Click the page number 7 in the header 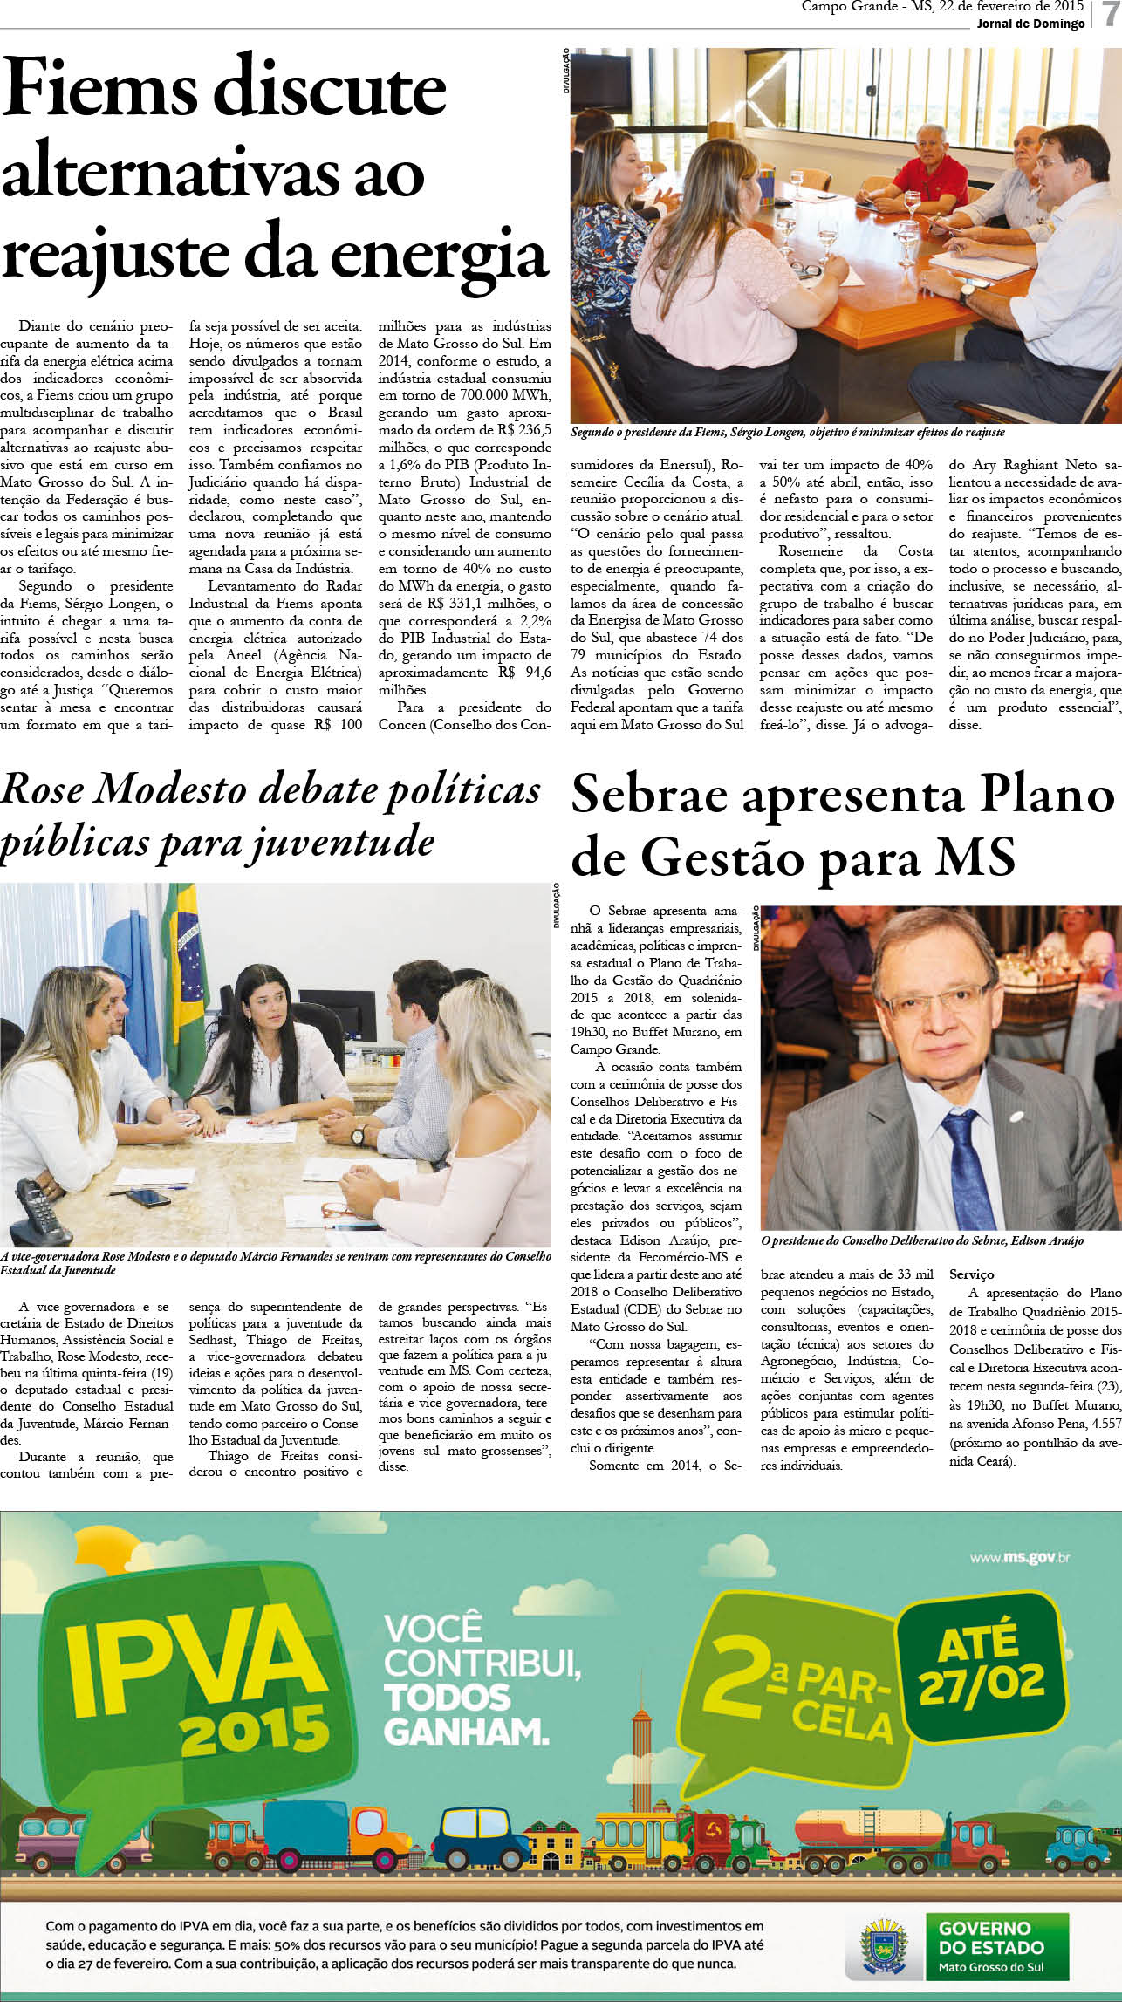[1110, 15]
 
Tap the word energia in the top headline [440, 252]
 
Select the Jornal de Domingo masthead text [1030, 24]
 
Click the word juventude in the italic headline [341, 842]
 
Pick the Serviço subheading [972, 1274]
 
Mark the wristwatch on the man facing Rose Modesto [358, 1135]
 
